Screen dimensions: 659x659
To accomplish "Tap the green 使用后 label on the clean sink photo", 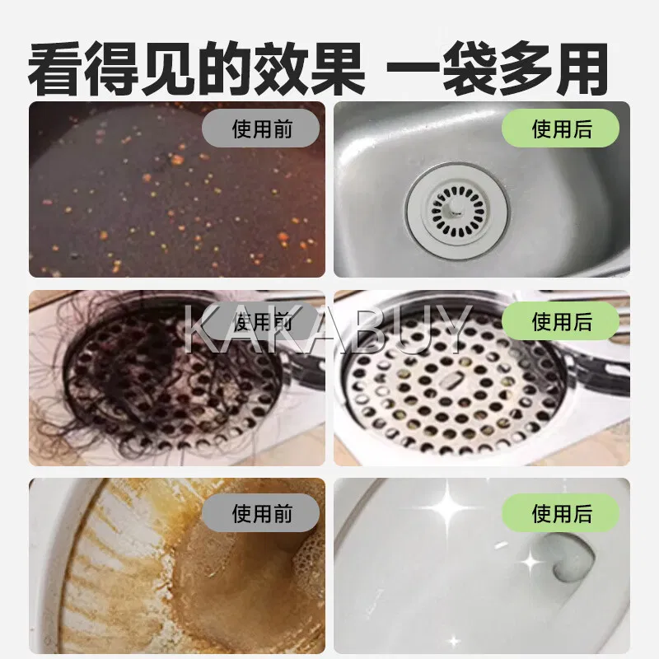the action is pos(561,129).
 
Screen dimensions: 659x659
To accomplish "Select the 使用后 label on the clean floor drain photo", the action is pos(561,321).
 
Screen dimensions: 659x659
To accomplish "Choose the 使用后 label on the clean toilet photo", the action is pos(561,512).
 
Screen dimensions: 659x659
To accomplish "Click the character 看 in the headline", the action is pos(55,68).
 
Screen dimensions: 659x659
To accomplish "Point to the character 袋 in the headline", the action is pos(470,68).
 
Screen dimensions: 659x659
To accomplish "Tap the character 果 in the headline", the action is pos(337,68).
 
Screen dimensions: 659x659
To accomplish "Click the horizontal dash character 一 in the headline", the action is pos(414,68).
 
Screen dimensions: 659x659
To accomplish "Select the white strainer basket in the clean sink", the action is pos(456,211).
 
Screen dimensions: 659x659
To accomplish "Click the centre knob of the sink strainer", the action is pos(455,209).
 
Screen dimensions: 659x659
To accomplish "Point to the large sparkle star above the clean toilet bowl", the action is pos(446,507).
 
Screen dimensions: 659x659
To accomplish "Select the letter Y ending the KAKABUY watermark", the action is pos(453,329).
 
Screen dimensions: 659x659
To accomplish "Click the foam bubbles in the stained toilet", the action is pos(309,563).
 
